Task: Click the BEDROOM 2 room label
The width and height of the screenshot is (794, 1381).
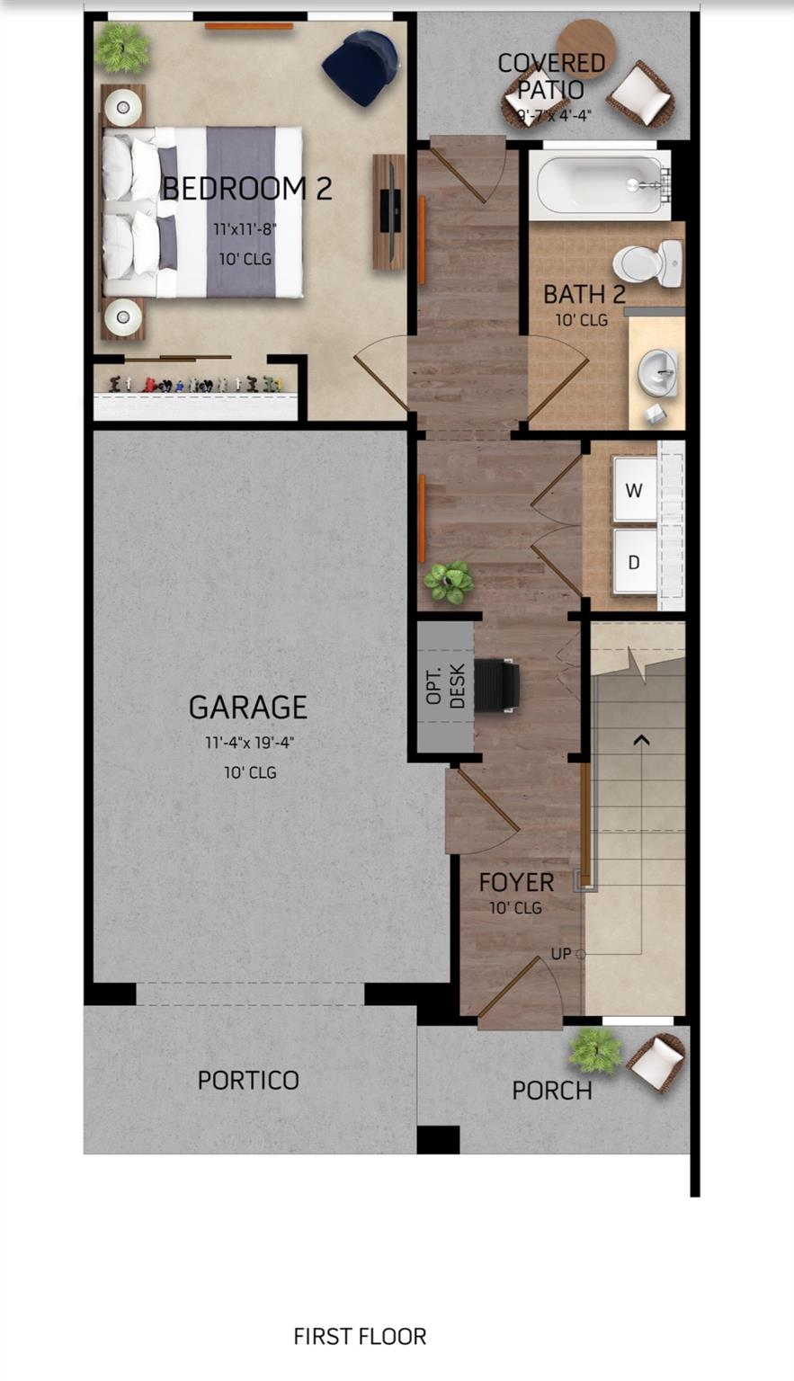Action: (247, 189)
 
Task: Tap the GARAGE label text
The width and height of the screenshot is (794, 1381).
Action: (248, 708)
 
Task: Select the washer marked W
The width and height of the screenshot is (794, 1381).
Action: (634, 490)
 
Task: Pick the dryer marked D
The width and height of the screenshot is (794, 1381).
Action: (634, 562)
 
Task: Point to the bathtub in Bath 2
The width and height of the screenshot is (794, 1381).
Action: (598, 185)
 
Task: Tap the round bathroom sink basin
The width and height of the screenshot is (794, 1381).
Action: (657, 370)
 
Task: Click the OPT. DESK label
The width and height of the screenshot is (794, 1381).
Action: (446, 686)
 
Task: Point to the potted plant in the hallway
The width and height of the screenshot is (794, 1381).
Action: (449, 582)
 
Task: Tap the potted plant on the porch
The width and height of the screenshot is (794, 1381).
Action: (595, 1049)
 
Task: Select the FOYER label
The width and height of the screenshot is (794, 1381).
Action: (516, 882)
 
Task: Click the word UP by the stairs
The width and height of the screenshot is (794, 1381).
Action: (560, 954)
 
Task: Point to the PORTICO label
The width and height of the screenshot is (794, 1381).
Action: (248, 1080)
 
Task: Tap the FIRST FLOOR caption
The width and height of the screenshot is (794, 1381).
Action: (360, 1337)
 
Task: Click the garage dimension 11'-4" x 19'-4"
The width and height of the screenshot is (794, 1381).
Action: (250, 744)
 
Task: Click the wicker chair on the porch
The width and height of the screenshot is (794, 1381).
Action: (657, 1062)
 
